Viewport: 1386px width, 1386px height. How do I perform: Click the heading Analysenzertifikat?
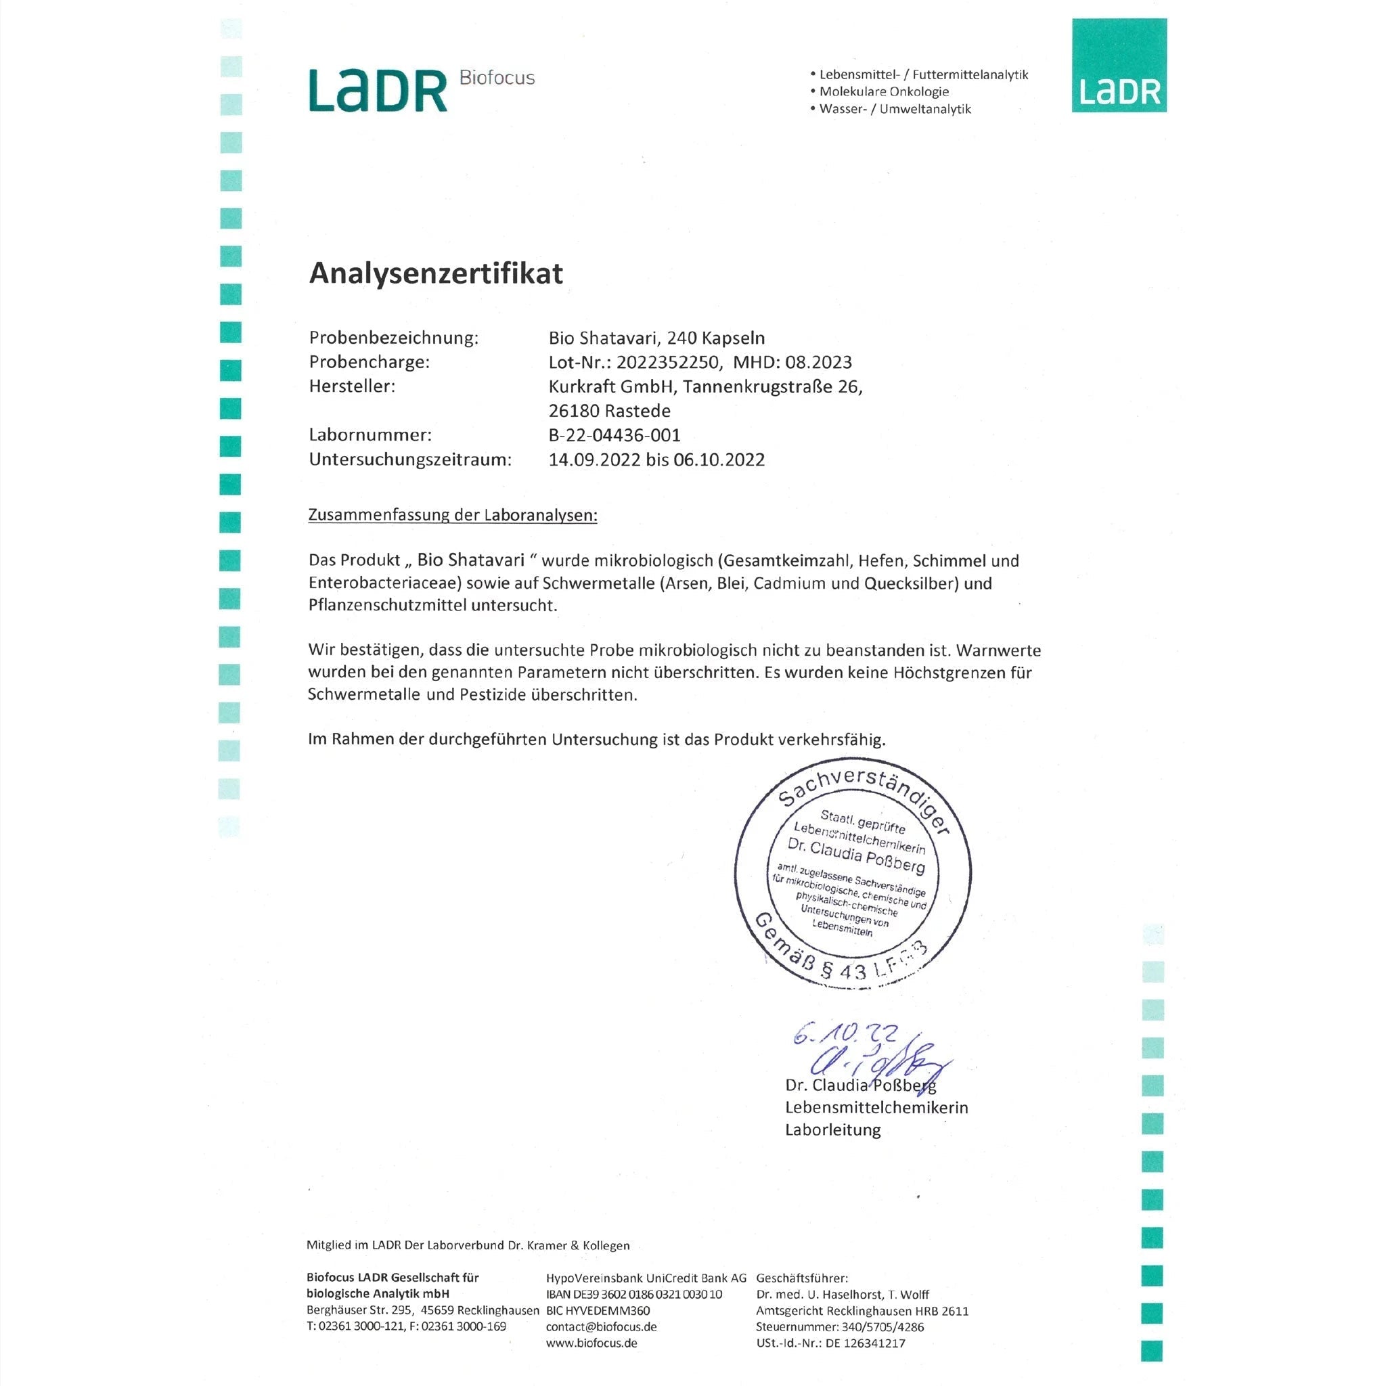point(435,273)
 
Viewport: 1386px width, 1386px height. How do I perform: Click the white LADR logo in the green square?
point(1119,93)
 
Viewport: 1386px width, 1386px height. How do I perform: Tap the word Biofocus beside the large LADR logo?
point(497,77)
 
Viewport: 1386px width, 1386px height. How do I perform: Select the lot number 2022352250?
point(667,362)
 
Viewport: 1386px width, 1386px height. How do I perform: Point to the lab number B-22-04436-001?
point(614,434)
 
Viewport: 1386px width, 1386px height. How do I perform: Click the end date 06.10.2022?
point(719,459)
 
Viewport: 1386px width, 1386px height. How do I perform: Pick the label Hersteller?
point(351,386)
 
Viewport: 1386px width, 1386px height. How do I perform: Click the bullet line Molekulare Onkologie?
point(884,92)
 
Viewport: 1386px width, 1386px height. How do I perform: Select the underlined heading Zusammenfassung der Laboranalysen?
point(452,515)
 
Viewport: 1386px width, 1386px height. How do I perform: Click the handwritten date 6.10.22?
point(845,1035)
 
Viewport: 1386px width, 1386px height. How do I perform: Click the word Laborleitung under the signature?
point(832,1130)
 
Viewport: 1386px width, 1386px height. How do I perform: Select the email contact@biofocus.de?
point(601,1327)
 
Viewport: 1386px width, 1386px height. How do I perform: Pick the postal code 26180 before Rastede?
point(574,411)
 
